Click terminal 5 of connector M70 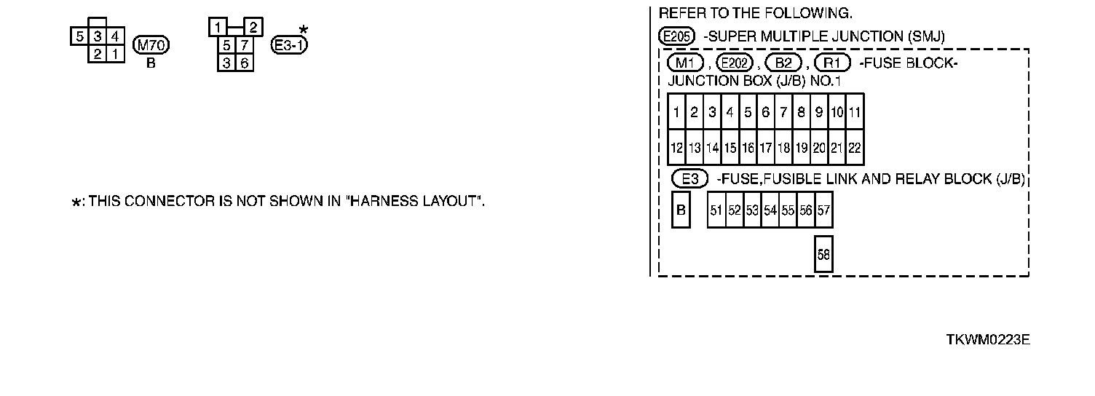click(x=79, y=36)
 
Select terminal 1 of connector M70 click(x=114, y=54)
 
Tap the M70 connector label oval click(x=151, y=46)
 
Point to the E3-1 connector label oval click(x=289, y=45)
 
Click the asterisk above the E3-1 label click(x=304, y=30)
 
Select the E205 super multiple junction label click(x=677, y=36)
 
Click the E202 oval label click(x=734, y=63)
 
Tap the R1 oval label click(x=833, y=63)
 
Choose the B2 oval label click(x=783, y=63)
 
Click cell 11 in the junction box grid click(x=855, y=112)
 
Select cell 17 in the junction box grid click(x=765, y=148)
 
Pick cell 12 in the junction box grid click(x=676, y=148)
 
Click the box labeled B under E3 click(x=681, y=210)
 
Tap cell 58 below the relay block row click(x=823, y=254)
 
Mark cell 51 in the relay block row click(x=716, y=210)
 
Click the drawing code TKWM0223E click(x=987, y=340)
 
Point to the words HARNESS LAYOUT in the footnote click(x=416, y=202)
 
